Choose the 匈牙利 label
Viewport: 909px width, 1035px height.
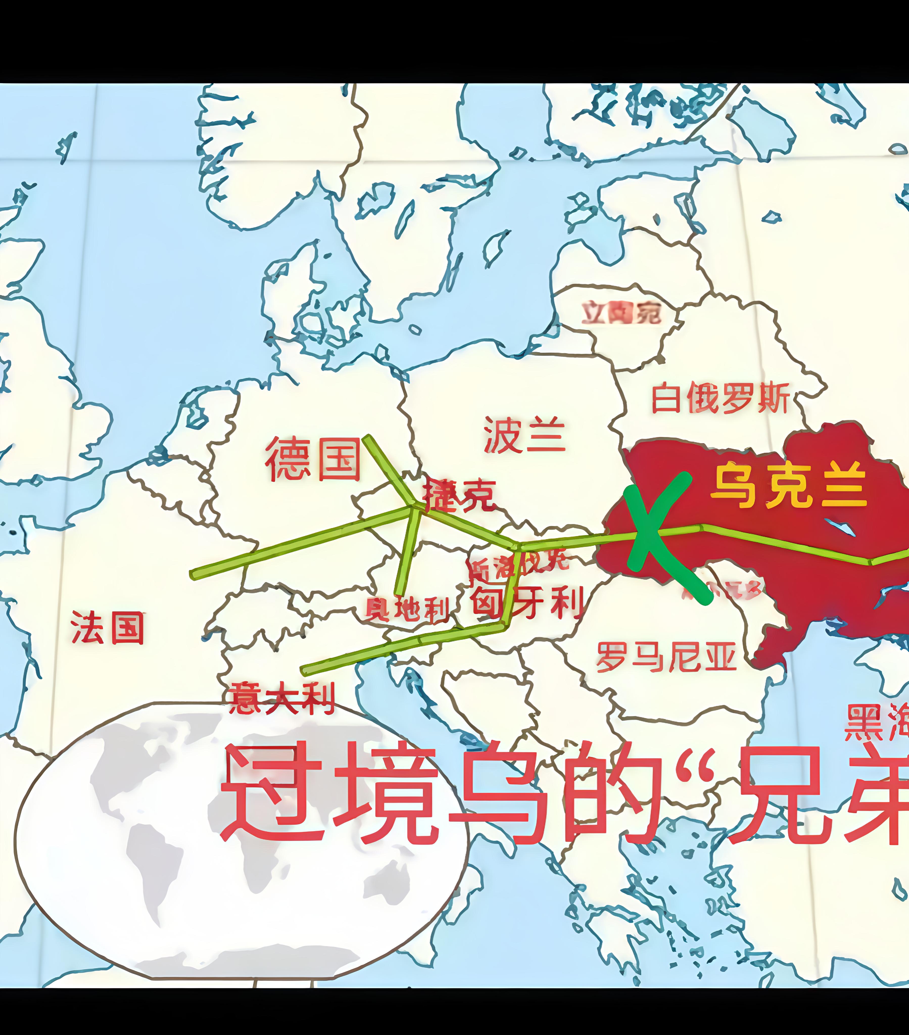[527, 603]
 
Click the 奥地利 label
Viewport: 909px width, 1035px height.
[407, 609]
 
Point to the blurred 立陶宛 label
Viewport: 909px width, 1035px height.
[620, 312]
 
